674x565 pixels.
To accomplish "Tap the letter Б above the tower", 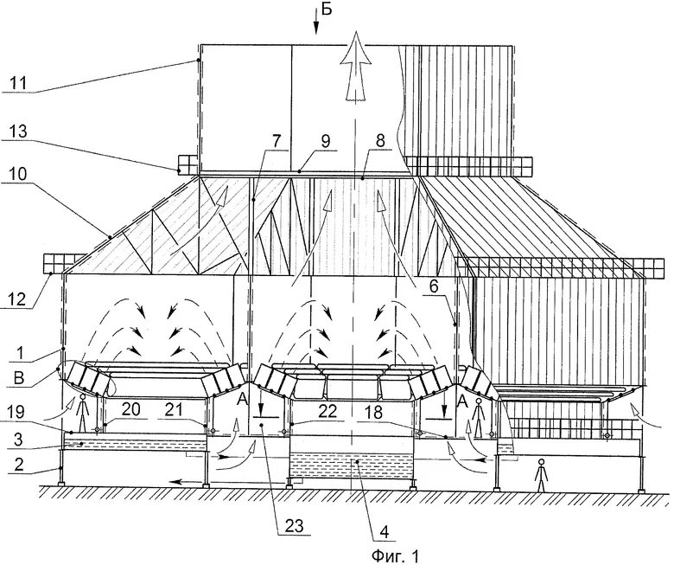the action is tap(325, 10).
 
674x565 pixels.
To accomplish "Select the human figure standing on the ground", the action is tap(540, 475).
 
